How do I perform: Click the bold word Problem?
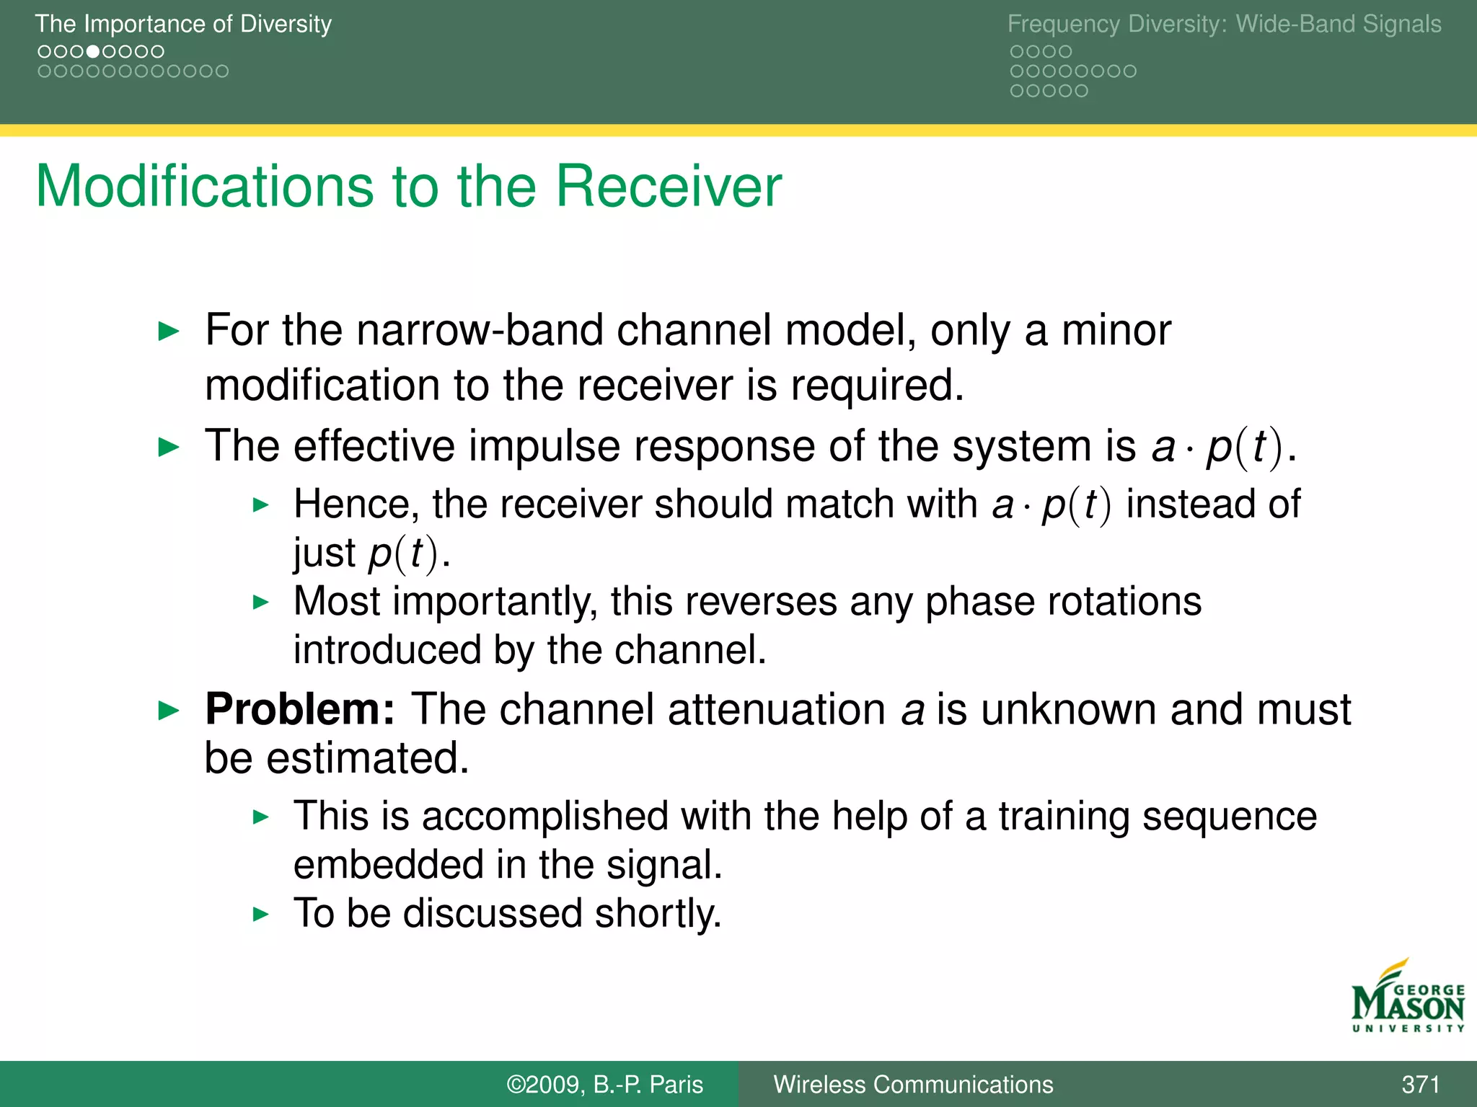[x=300, y=709]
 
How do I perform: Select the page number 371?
[x=1420, y=1084]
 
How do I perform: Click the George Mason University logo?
[x=1407, y=997]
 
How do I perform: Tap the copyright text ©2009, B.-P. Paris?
[x=604, y=1084]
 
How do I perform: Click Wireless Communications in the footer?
[x=913, y=1084]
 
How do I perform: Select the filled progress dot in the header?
[x=92, y=52]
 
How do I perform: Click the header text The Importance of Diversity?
[x=183, y=24]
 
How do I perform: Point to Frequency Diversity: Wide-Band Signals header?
[x=1224, y=24]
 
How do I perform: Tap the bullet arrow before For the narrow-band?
[x=168, y=332]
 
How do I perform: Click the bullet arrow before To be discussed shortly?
[x=261, y=915]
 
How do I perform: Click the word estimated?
[x=368, y=758]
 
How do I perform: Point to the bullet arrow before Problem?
[x=168, y=711]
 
